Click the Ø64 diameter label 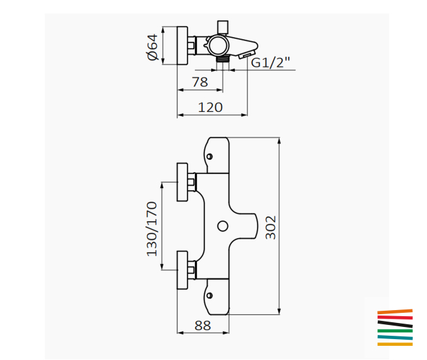point(152,47)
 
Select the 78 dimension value point(200,82)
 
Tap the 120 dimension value point(210,107)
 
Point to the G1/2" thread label point(271,63)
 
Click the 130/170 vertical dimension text point(151,229)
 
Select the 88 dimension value point(202,325)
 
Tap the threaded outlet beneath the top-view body point(223,61)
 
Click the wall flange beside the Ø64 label point(181,46)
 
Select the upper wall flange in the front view point(182,182)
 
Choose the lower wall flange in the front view point(182,270)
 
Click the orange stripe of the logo point(395,311)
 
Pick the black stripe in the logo point(395,324)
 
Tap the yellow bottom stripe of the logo point(395,344)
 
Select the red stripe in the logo point(395,317)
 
